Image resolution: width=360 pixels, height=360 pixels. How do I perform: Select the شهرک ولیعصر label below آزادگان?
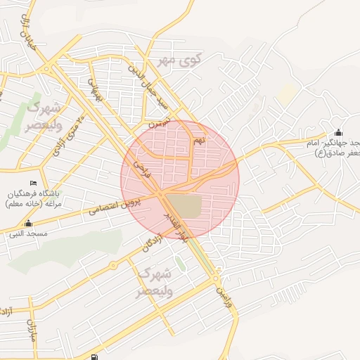(155, 281)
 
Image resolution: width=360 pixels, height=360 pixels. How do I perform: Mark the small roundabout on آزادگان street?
(112, 266)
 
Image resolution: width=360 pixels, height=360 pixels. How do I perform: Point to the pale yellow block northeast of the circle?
(287, 93)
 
